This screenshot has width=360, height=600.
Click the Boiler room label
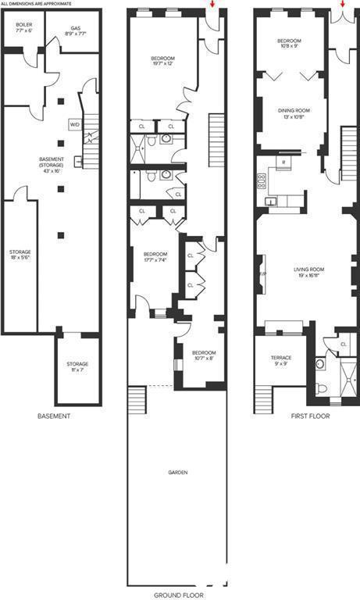pyautogui.click(x=24, y=27)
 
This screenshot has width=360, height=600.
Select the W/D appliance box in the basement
pyautogui.click(x=75, y=124)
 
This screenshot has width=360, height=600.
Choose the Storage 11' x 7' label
pyautogui.click(x=77, y=367)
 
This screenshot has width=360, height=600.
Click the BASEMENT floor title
pyautogui.click(x=54, y=416)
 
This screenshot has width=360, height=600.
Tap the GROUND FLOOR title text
pyautogui.click(x=178, y=595)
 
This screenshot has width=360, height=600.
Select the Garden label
pyautogui.click(x=177, y=473)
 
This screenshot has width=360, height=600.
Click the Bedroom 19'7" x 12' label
pyautogui.click(x=162, y=62)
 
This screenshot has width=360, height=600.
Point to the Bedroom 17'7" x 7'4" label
pyautogui.click(x=155, y=257)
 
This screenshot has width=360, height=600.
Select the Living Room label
pyautogui.click(x=308, y=272)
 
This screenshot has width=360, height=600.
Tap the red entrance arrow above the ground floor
pyautogui.click(x=211, y=5)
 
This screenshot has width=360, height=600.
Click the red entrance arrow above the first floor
pyautogui.click(x=341, y=5)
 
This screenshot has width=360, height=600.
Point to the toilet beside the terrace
pyautogui.click(x=321, y=388)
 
